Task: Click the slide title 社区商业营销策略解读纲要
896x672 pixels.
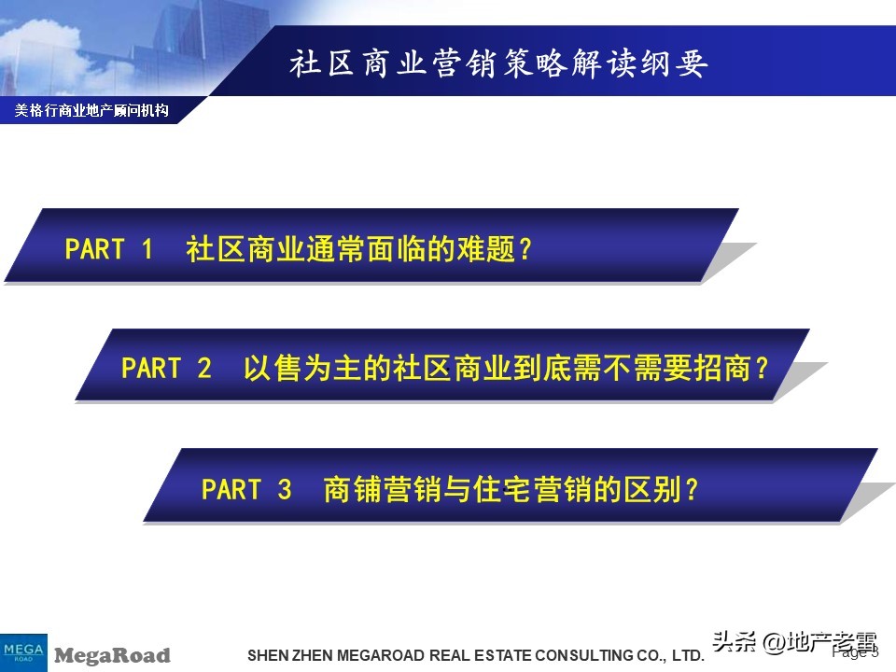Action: pos(498,63)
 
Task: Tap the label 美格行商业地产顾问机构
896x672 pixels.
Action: pos(91,111)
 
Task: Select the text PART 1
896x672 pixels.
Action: pos(108,249)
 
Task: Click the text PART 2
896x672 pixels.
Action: pos(166,369)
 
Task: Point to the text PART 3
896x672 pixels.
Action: pos(246,489)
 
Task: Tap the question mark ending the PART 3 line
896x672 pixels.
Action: pos(691,489)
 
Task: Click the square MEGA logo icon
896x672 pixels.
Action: pos(23,651)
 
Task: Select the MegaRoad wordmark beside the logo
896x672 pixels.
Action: pos(112,655)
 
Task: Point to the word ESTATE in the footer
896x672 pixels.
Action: pos(499,656)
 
